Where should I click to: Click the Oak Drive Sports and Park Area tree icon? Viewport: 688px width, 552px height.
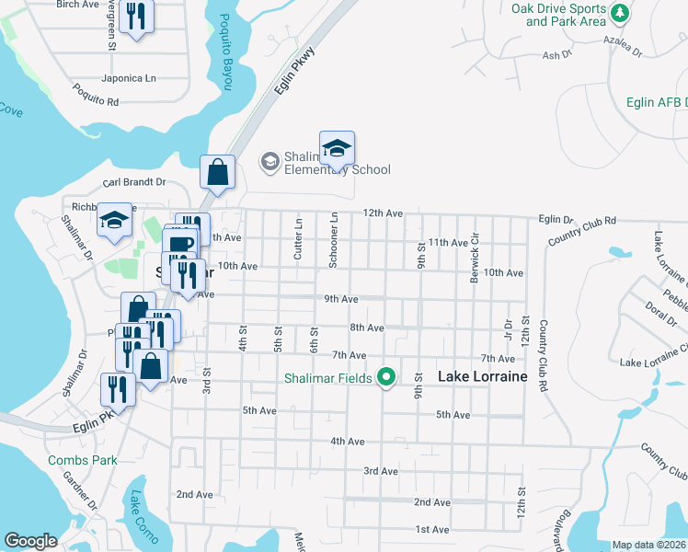point(621,13)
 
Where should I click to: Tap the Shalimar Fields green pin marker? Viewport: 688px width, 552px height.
point(387,377)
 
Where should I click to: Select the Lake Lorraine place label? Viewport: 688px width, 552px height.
point(482,376)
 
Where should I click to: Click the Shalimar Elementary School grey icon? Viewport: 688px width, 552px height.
point(269,162)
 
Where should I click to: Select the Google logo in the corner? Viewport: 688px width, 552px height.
point(30,541)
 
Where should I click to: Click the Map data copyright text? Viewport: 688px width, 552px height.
point(649,545)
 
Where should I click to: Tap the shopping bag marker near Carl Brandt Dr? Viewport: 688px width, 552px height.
point(218,172)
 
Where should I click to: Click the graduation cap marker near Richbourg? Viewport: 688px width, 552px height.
point(115,220)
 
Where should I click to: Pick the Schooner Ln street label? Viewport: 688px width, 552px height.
point(335,241)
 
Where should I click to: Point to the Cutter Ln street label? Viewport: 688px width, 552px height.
point(298,238)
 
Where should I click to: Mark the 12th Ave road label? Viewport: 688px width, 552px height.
point(383,213)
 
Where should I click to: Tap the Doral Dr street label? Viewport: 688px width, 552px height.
point(660,310)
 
